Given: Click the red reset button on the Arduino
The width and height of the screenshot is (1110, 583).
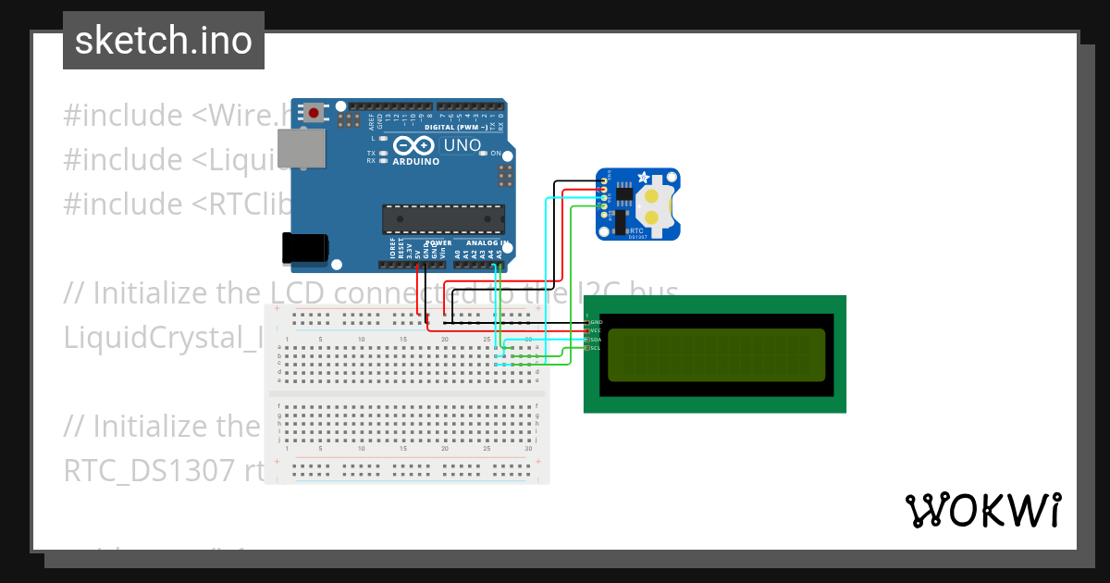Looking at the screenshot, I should (314, 114).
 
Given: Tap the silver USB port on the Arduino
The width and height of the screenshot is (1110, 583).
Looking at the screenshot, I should (302, 149).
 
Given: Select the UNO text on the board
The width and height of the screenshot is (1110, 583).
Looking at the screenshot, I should (462, 145).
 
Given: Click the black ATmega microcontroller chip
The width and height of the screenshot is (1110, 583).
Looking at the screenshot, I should (444, 219).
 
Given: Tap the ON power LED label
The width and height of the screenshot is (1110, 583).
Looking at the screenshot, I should (496, 154).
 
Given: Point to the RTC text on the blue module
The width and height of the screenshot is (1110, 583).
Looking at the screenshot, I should (635, 230).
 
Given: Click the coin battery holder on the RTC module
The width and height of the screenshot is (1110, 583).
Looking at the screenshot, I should (653, 206).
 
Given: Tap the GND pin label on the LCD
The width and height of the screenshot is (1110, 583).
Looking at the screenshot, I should (596, 322).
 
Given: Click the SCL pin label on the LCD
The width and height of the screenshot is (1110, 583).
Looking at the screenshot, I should (596, 348).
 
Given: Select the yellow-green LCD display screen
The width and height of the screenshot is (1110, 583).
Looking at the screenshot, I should (715, 354).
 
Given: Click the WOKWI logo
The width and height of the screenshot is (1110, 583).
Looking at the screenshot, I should (982, 510).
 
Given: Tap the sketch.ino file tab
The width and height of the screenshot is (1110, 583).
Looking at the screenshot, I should (164, 41).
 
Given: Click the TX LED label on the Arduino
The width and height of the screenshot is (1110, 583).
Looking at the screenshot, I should (371, 153).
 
